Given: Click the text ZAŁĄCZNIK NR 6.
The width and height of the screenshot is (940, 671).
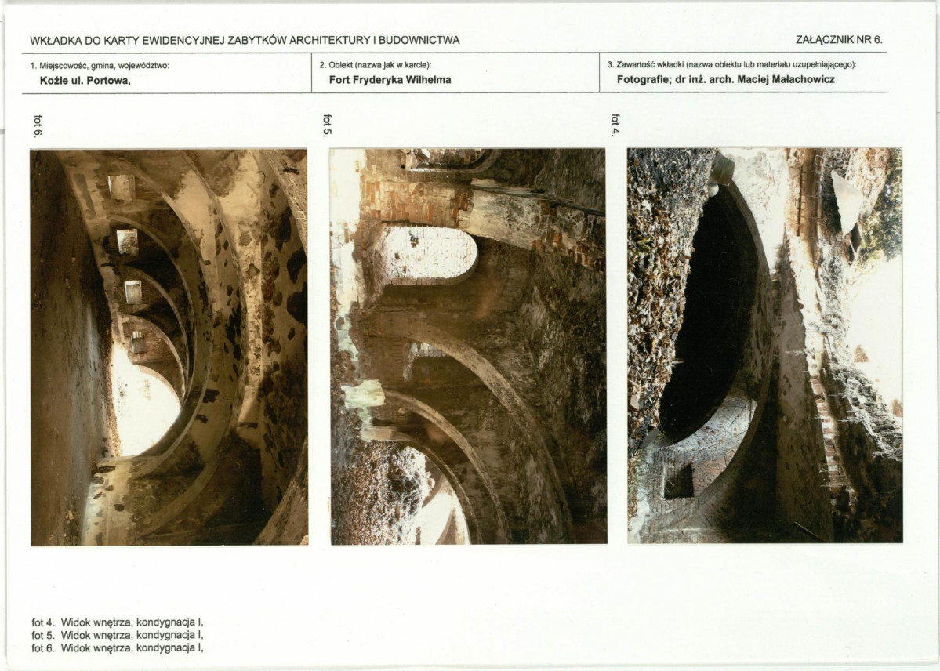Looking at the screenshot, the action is click(x=839, y=40).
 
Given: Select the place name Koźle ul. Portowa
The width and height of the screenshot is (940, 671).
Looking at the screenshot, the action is click(x=85, y=81).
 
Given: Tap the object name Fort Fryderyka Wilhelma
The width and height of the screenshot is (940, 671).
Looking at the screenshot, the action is click(x=390, y=80).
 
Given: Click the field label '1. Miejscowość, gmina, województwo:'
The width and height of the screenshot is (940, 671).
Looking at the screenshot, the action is click(x=100, y=66).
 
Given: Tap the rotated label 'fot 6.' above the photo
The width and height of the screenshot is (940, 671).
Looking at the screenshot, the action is click(x=38, y=126).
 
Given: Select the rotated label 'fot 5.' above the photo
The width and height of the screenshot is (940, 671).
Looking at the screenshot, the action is click(x=327, y=125).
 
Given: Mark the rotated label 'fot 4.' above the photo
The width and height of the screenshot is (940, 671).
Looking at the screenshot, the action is click(x=615, y=125).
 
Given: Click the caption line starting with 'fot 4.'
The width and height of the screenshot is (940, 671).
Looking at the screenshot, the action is click(x=118, y=622).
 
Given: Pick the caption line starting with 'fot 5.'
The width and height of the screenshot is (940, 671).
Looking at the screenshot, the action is click(x=118, y=635).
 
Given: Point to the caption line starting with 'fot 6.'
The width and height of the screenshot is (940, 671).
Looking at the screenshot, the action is click(x=118, y=647).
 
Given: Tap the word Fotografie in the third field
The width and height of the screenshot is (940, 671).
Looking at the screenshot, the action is click(x=641, y=79).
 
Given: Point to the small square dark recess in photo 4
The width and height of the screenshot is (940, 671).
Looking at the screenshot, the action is click(x=679, y=481).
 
